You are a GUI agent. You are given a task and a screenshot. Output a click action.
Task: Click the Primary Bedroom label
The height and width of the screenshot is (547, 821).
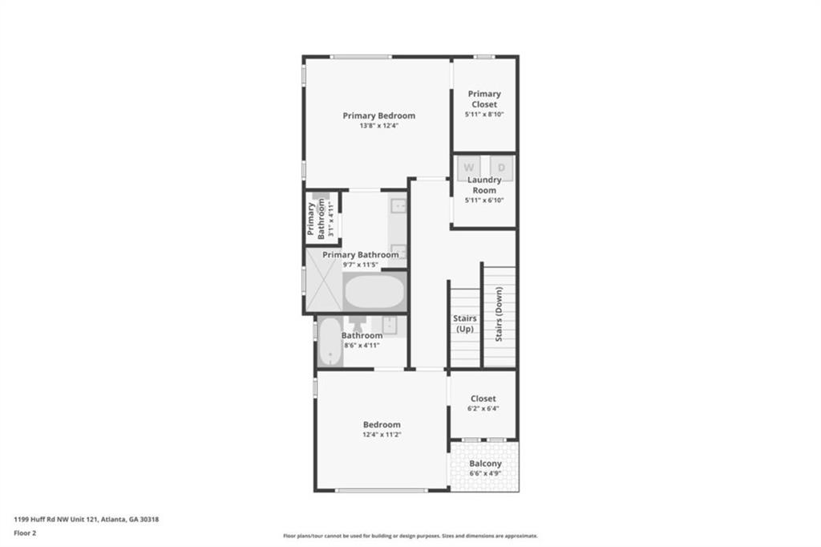point(378,115)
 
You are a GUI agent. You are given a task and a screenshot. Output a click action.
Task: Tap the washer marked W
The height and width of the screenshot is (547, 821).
point(468,168)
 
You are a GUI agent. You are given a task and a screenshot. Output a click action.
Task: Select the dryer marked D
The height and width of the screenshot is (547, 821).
point(502,168)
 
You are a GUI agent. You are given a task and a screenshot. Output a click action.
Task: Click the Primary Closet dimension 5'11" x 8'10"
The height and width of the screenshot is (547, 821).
point(484,114)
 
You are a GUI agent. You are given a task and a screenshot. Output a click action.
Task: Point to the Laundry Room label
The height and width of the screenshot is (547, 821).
point(484,185)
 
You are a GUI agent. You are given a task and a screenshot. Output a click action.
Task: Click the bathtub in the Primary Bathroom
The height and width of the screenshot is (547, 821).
point(374,292)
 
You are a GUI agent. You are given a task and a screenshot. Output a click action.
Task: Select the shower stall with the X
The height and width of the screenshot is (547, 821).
point(324,280)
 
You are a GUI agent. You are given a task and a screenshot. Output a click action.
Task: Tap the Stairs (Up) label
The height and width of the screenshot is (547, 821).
point(465,323)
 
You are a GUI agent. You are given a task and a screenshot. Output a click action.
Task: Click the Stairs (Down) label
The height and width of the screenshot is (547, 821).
point(499,314)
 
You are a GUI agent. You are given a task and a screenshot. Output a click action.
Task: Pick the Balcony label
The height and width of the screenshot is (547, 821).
point(485,464)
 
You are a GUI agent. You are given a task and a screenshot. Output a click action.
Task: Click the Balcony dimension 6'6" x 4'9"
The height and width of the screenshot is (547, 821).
point(485,474)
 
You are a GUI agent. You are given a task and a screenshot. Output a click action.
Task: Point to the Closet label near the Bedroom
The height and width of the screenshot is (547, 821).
point(483,399)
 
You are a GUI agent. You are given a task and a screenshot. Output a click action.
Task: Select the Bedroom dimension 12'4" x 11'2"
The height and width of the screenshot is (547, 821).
point(382,435)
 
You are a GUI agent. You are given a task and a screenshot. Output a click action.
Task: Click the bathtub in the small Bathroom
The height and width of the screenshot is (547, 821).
point(330,342)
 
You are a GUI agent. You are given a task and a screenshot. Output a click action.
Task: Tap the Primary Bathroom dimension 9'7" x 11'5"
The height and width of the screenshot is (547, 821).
point(360,265)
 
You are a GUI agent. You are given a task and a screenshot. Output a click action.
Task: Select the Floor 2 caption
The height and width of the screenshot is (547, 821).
point(25,533)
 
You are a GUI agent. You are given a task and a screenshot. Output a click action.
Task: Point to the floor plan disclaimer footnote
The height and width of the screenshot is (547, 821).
point(410,536)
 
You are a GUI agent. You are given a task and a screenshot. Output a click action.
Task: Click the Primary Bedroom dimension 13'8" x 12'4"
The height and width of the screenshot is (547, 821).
point(379,126)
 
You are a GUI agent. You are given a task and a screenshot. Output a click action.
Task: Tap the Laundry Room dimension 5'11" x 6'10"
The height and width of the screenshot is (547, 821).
point(484,201)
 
